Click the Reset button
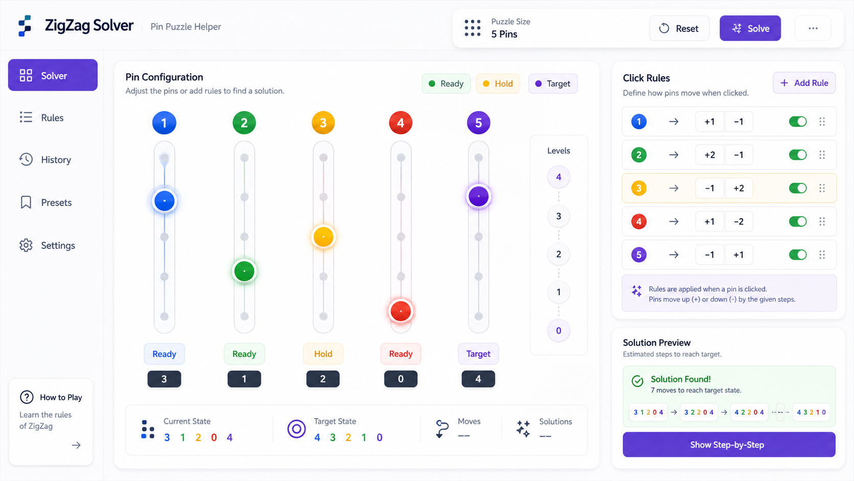[x=679, y=28]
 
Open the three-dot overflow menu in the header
[x=813, y=28]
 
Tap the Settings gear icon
[x=26, y=245]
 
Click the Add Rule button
[x=804, y=83]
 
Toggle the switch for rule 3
[x=798, y=188]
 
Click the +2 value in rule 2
[x=709, y=155]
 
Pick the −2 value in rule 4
[x=739, y=222]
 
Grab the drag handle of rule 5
[x=822, y=255]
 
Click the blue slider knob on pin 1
[x=164, y=201]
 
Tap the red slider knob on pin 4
[x=400, y=311]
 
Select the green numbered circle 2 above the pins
[x=244, y=123]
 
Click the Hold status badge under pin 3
[x=323, y=354]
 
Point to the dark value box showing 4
[x=478, y=379]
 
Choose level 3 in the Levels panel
[x=559, y=216]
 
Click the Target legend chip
[x=553, y=83]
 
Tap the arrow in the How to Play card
[x=76, y=445]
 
